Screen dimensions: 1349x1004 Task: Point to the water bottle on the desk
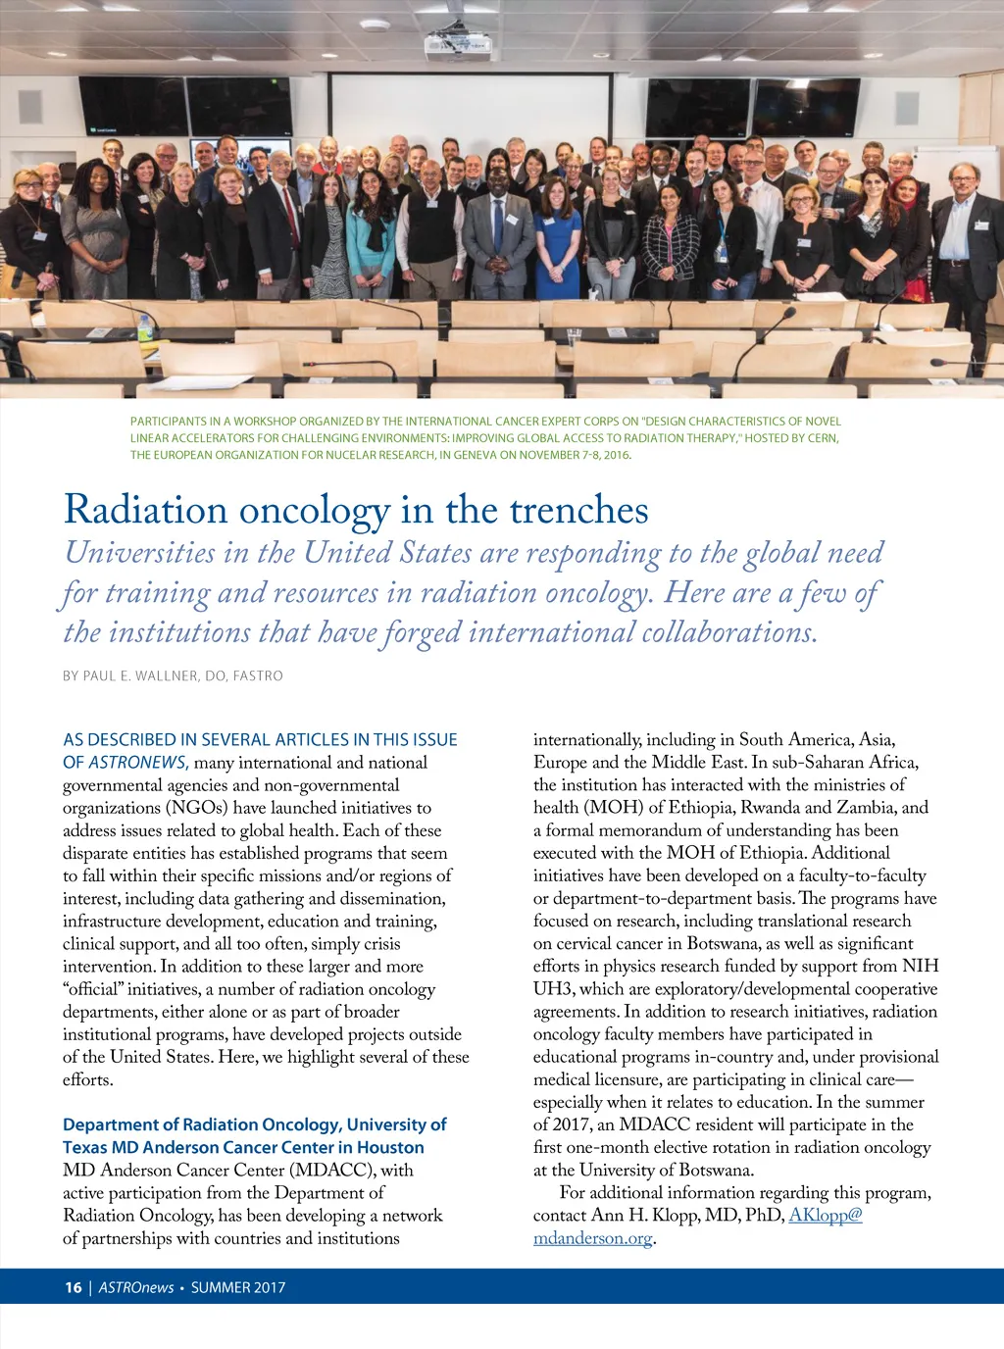tap(146, 327)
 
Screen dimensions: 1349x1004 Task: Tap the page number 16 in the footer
tap(74, 1287)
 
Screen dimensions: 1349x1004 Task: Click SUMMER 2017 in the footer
tap(238, 1287)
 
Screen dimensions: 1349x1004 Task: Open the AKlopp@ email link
tap(826, 1216)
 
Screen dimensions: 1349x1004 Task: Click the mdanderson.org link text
tap(592, 1238)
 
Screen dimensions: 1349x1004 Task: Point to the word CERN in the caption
tap(822, 438)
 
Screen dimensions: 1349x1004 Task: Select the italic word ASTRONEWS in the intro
tap(137, 763)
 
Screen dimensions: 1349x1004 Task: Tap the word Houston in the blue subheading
tap(389, 1147)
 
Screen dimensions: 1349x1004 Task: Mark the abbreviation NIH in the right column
tap(920, 967)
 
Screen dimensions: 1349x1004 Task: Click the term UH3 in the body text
tap(553, 989)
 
